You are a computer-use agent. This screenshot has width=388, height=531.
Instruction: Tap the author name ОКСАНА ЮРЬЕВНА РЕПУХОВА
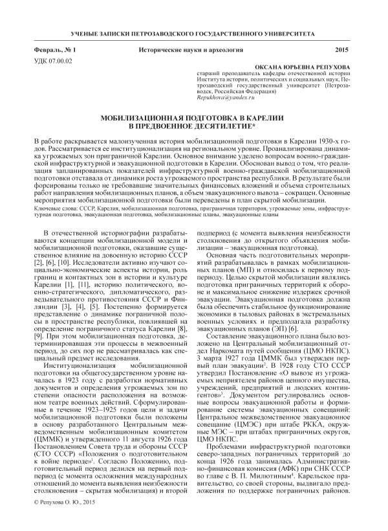coord(309,67)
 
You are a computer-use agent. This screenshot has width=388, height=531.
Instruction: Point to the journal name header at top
coord(193,32)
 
